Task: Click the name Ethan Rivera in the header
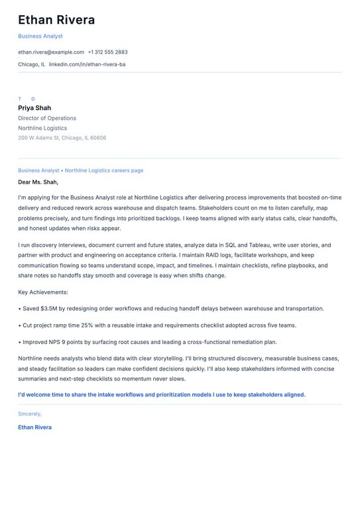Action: click(56, 20)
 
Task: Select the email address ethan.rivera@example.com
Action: click(51, 52)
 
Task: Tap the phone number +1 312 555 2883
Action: click(107, 52)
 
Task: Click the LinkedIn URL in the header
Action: click(87, 64)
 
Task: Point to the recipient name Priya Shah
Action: click(34, 108)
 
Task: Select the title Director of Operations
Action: click(47, 118)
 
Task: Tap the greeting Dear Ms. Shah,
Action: click(38, 182)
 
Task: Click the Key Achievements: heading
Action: click(43, 292)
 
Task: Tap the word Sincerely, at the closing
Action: click(30, 414)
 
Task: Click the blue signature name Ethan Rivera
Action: click(34, 427)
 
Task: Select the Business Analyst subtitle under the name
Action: click(40, 36)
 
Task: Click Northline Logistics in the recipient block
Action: click(42, 128)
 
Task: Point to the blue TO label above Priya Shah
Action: click(27, 99)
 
